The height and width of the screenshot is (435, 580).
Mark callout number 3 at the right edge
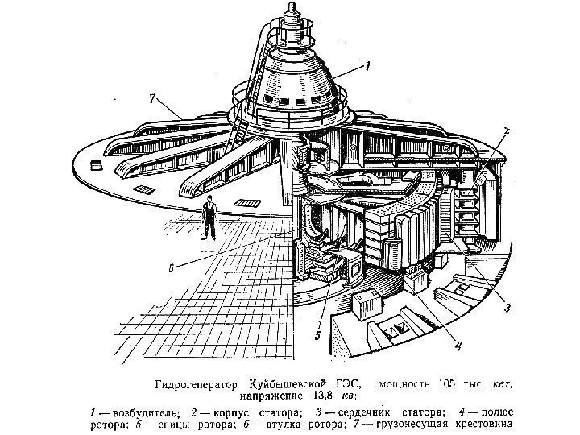(x=506, y=307)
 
